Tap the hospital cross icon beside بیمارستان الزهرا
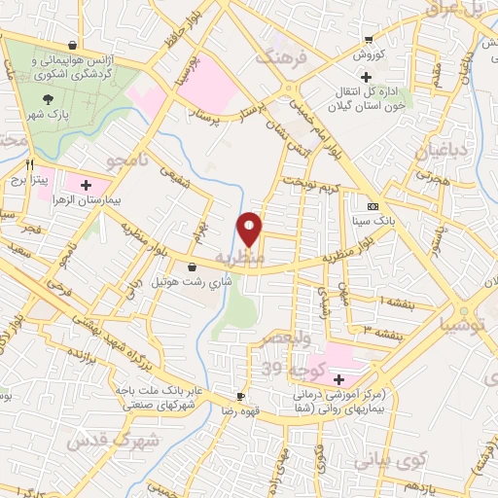tap(86, 184)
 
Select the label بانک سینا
tap(373, 220)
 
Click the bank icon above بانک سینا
tap(373, 206)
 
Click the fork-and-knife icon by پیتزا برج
tap(31, 165)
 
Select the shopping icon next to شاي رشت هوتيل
tap(192, 267)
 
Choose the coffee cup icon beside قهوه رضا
tap(241, 396)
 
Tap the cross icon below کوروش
tap(366, 76)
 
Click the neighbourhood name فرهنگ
tap(282, 56)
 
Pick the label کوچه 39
tap(285, 369)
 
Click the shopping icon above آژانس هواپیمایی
tap(74, 45)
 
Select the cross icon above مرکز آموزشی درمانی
tap(338, 378)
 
